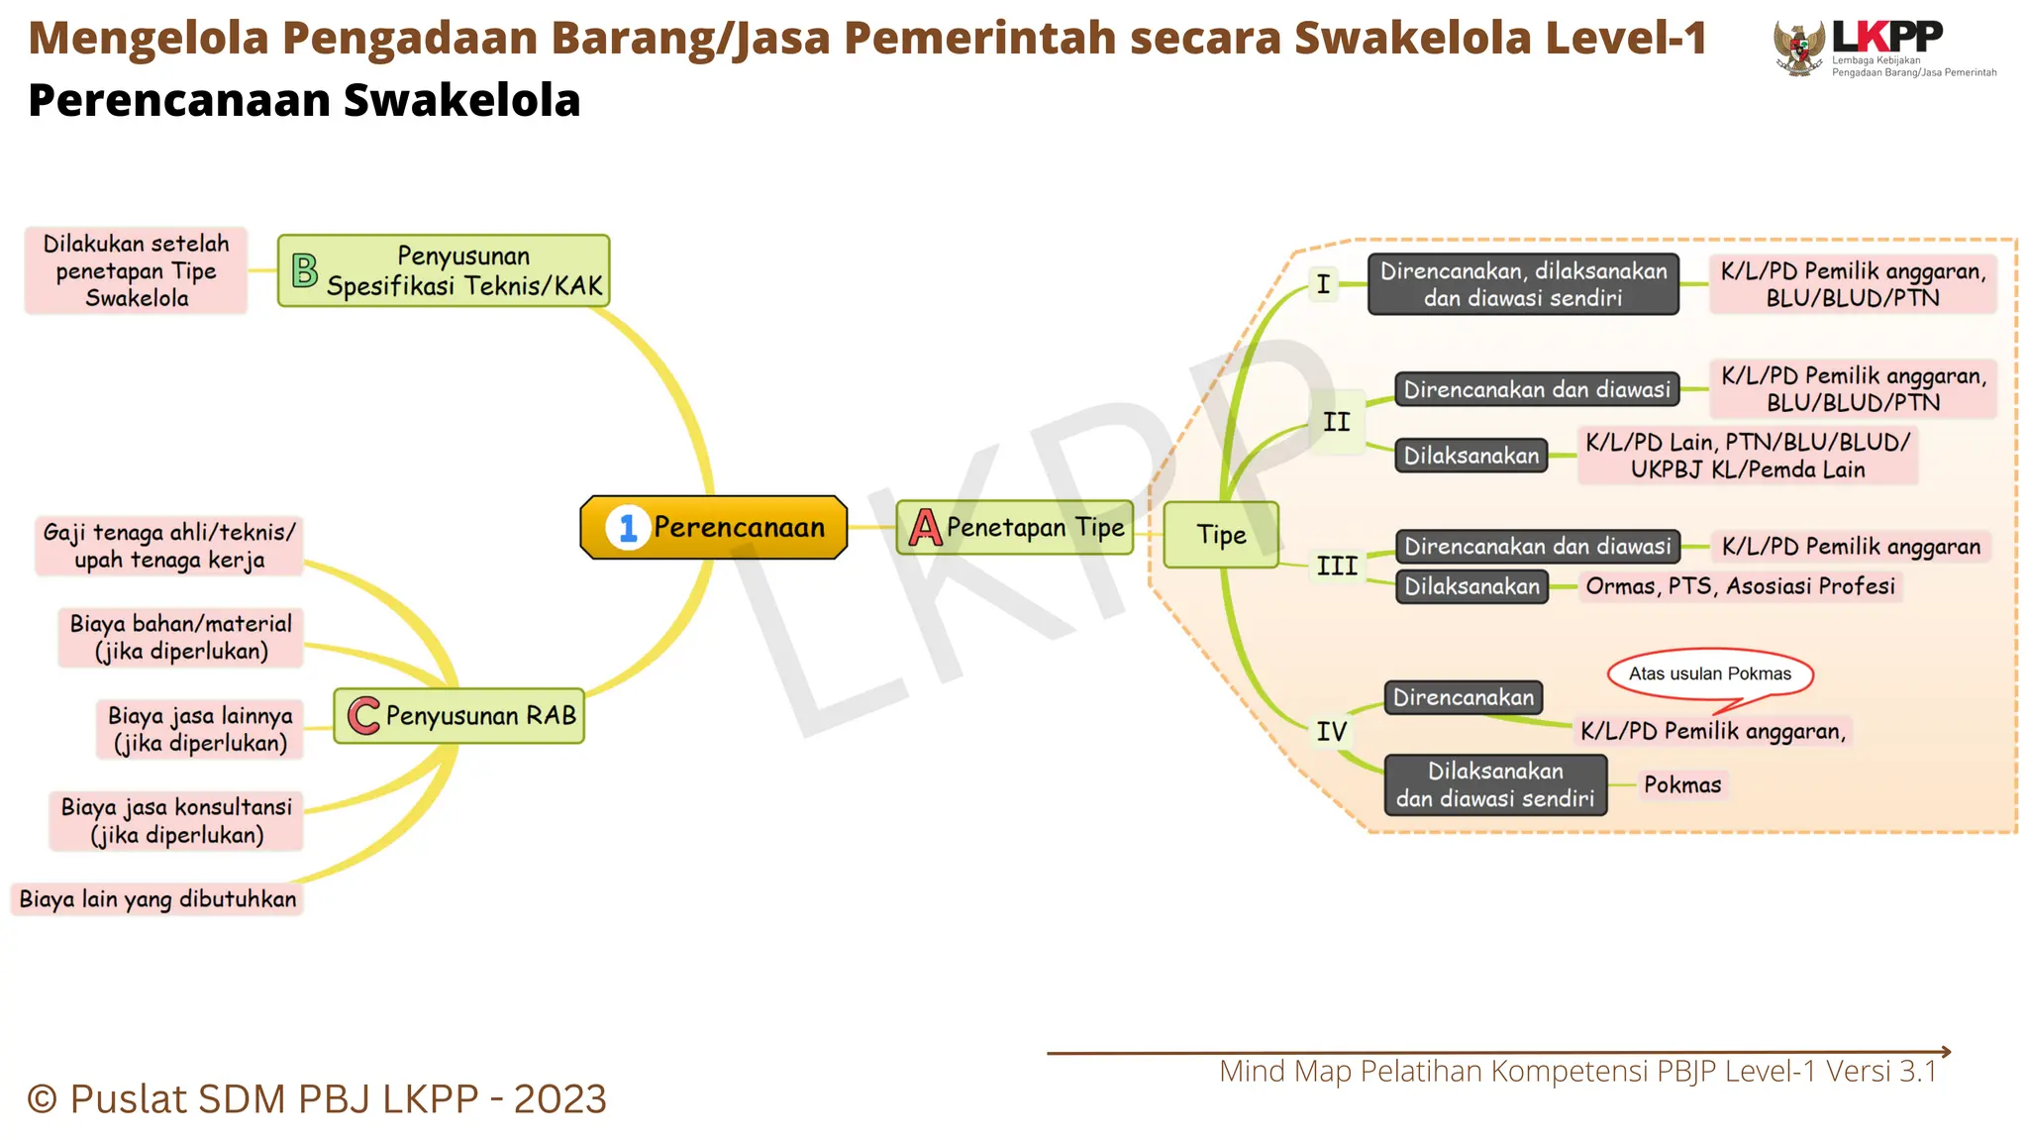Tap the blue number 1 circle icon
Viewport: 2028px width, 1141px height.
(628, 528)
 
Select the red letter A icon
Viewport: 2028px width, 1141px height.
(925, 528)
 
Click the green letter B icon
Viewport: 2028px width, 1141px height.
(305, 270)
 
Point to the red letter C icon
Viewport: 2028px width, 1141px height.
(363, 715)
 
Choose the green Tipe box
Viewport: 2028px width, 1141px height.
(1221, 535)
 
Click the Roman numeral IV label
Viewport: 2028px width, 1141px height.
(1331, 732)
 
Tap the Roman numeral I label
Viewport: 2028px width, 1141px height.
(1323, 284)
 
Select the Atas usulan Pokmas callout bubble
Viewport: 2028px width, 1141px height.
(1710, 674)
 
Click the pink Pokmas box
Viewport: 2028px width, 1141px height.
(1682, 785)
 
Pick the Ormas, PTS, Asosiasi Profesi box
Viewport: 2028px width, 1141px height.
(1740, 586)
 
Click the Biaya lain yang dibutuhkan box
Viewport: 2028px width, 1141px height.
(157, 899)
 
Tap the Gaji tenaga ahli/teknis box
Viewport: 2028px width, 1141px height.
(169, 546)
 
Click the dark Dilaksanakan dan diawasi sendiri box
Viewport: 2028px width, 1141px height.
(1495, 784)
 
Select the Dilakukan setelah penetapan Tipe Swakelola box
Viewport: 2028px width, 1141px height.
(137, 270)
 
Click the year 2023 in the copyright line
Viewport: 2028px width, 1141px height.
(559, 1099)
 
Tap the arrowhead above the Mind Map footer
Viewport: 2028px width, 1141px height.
(1945, 1052)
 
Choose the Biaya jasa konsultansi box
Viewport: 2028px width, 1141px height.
(176, 821)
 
